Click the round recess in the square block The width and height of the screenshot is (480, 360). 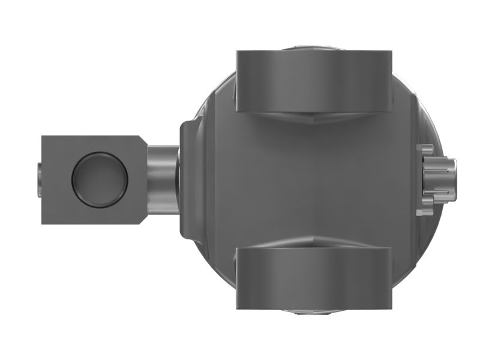[100, 179]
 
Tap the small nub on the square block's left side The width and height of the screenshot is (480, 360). [38, 179]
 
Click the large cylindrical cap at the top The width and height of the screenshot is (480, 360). [314, 80]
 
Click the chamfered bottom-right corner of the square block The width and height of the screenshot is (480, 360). [142, 219]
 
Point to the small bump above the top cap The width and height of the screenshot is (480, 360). [314, 47]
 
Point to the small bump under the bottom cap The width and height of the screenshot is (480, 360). [314, 312]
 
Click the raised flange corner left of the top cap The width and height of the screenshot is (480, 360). [191, 127]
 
